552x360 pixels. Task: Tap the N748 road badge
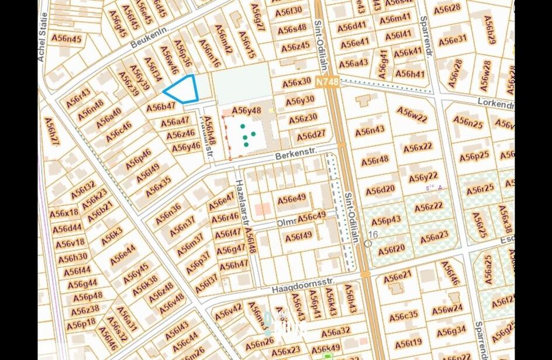[x=326, y=82]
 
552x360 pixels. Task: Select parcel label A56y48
[x=246, y=110]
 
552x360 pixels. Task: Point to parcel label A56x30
[x=296, y=82]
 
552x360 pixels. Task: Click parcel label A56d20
[x=379, y=191]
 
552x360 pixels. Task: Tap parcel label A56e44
[x=123, y=255]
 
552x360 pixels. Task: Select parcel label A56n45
[x=67, y=38]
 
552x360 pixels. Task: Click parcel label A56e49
[x=292, y=199]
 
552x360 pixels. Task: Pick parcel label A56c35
[x=403, y=316]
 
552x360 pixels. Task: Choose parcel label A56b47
[x=161, y=106]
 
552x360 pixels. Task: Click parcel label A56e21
[x=397, y=275]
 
